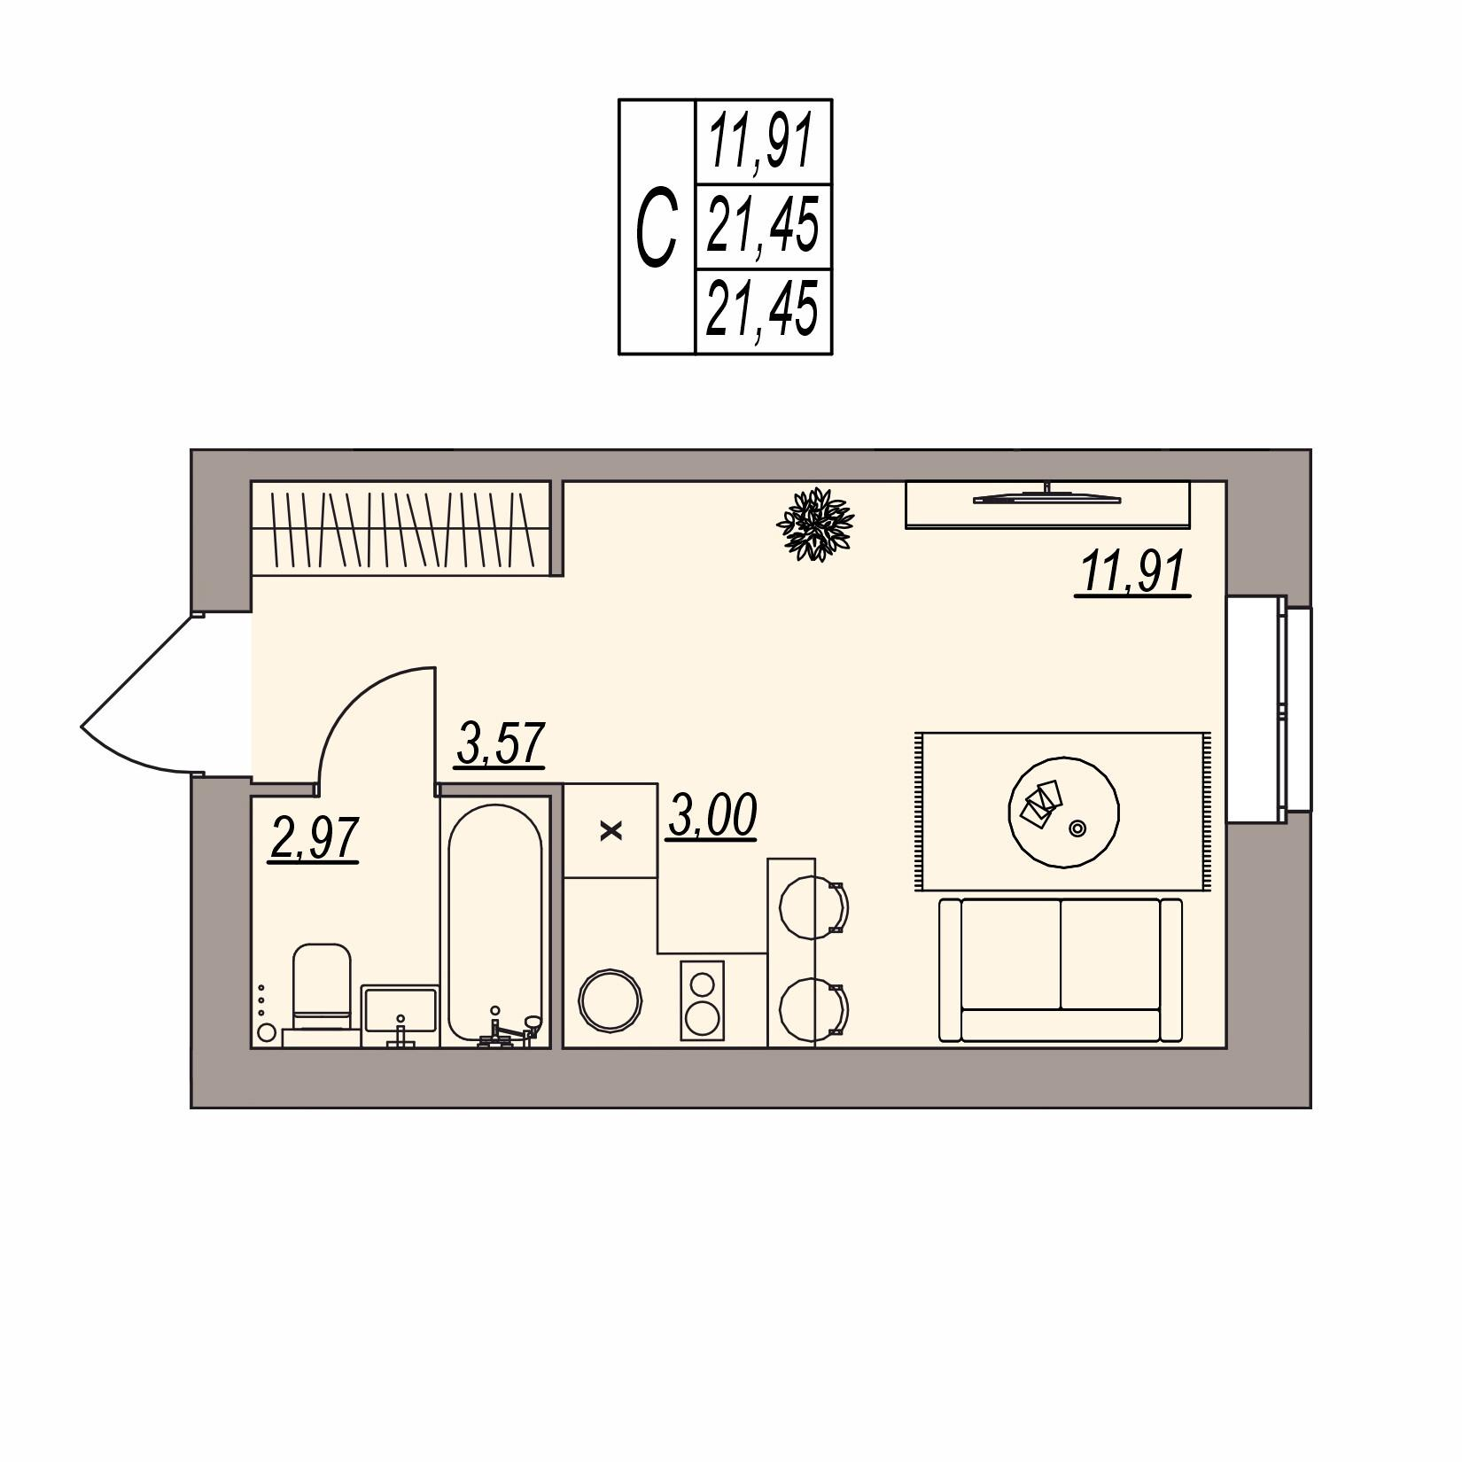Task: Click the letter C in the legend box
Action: pos(657,228)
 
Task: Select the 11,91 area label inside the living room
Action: pos(1132,573)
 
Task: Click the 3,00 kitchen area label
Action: pos(712,815)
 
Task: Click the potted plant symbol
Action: pos(814,523)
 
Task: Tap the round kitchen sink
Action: pos(610,1000)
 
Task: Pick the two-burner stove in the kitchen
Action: pos(703,1000)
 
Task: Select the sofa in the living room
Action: pos(1061,970)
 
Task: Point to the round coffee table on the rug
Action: pos(1063,811)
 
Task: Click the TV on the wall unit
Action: pos(1047,498)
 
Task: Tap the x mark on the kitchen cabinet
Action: pos(611,831)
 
